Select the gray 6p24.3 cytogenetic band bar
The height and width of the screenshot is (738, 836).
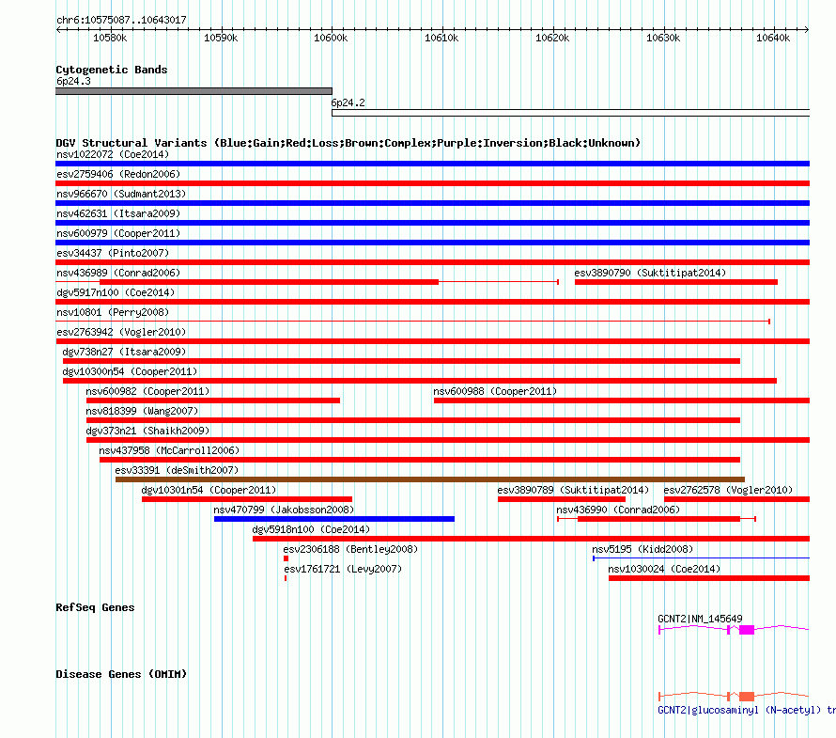(194, 91)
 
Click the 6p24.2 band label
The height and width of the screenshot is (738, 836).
(348, 102)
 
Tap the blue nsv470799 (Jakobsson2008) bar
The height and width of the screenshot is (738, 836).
(333, 519)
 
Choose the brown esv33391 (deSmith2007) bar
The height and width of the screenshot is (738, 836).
(429, 479)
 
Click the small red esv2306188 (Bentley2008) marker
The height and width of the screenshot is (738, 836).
(286, 558)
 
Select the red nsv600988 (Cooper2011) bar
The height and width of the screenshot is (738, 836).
(620, 400)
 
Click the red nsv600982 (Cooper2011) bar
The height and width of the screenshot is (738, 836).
(212, 400)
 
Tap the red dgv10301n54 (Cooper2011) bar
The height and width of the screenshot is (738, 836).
(246, 499)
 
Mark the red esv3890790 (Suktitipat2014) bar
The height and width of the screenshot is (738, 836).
(675, 282)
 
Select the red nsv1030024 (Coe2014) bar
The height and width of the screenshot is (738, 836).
(708, 578)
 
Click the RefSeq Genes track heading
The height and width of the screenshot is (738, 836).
(95, 607)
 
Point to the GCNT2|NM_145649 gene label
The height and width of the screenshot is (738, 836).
(700, 619)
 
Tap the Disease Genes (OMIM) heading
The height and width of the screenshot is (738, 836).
(121, 674)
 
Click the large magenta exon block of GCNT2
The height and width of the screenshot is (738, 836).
(747, 630)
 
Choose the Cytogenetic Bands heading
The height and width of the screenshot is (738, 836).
(111, 70)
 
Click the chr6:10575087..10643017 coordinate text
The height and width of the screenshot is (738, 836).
(121, 20)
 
